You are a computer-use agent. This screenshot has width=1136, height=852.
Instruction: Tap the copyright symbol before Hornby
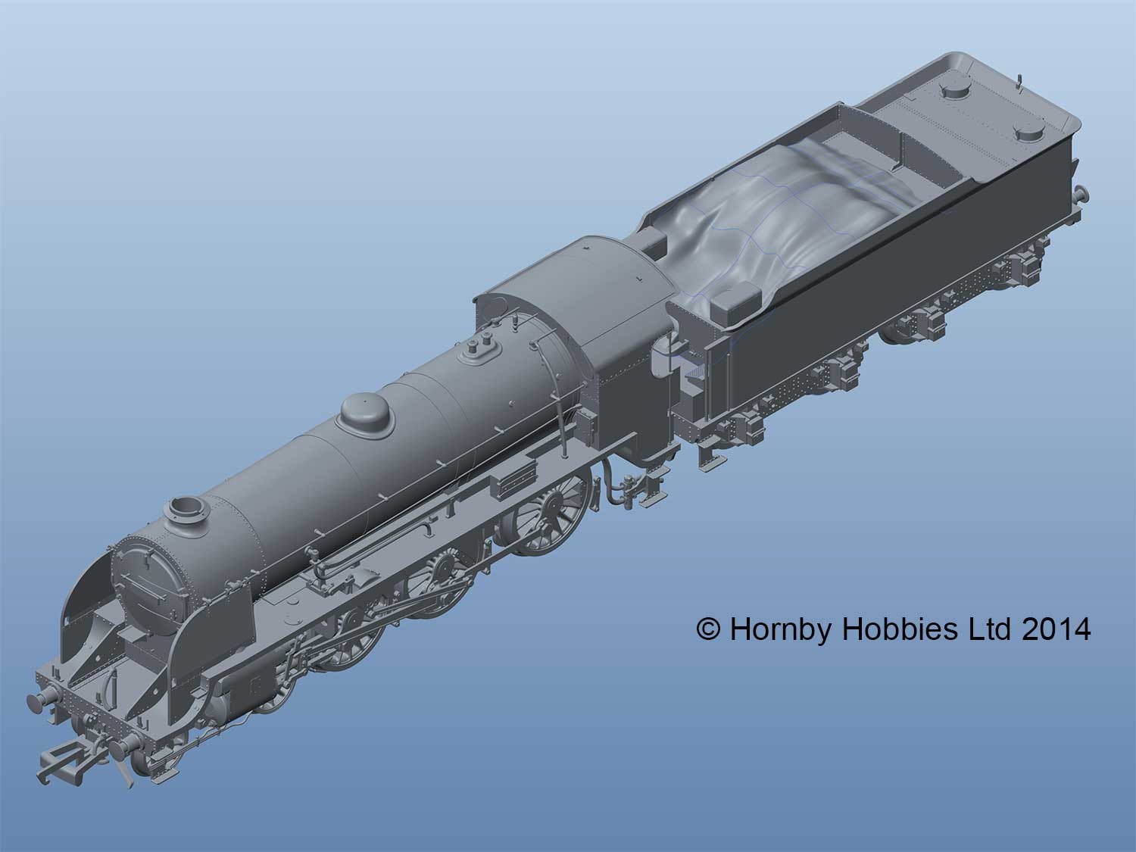coord(709,630)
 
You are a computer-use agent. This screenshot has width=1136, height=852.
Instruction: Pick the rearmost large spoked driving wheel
coord(545,517)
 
